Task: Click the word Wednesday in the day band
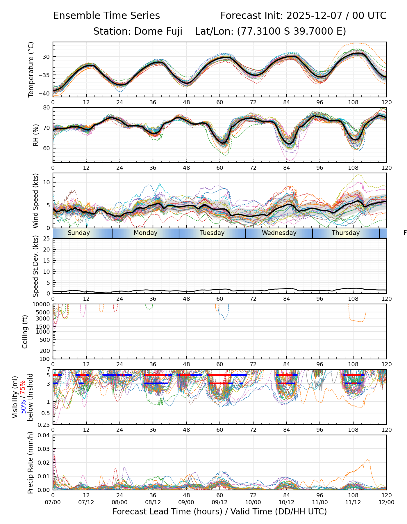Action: pyautogui.click(x=279, y=233)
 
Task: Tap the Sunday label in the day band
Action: pyautogui.click(x=79, y=233)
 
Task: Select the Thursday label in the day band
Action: pyautogui.click(x=346, y=233)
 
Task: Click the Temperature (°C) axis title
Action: pyautogui.click(x=31, y=69)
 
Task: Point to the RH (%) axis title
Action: pyautogui.click(x=36, y=135)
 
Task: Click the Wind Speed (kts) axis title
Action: pyautogui.click(x=35, y=201)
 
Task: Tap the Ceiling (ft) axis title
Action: pyautogui.click(x=25, y=332)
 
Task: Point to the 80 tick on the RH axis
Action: pyautogui.click(x=47, y=108)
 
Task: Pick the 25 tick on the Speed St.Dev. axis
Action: pyautogui.click(x=47, y=239)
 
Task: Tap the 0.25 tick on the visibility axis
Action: pyautogui.click(x=45, y=424)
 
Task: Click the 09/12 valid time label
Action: pyautogui.click(x=220, y=502)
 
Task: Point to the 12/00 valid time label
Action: pyautogui.click(x=386, y=502)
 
